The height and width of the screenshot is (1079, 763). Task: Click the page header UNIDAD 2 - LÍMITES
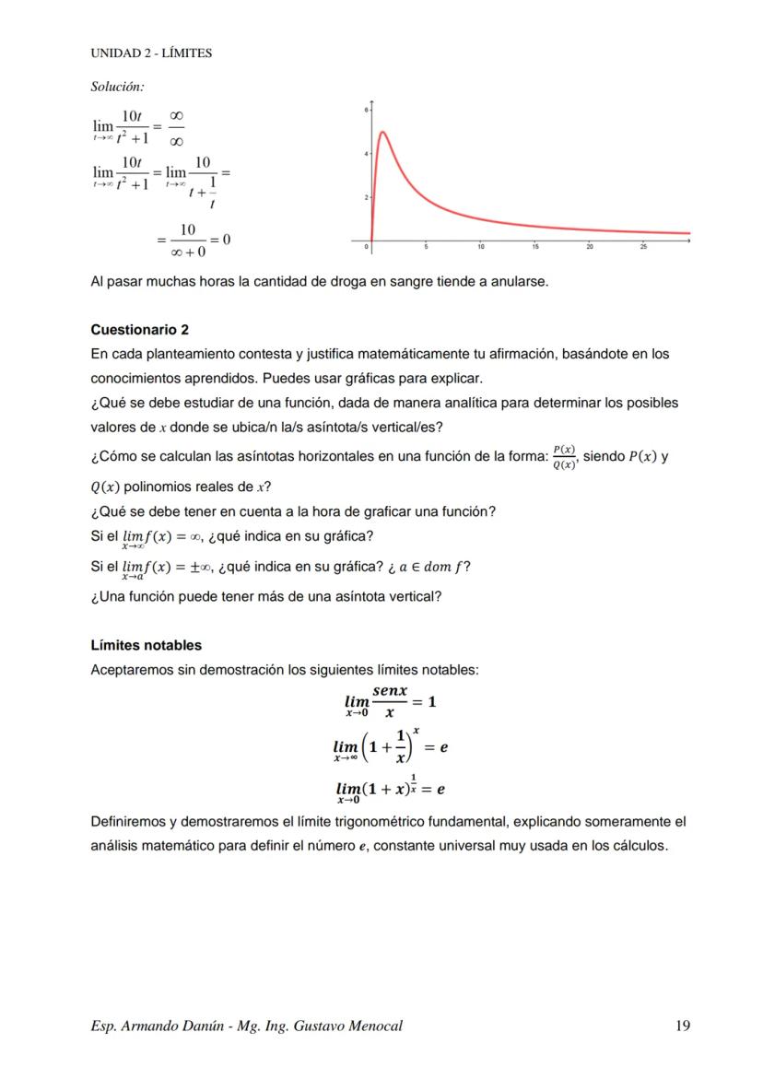[151, 53]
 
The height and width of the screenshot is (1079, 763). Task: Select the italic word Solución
[117, 87]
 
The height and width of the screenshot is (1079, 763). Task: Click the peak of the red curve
[382, 132]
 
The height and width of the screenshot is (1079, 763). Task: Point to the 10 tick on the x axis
[481, 247]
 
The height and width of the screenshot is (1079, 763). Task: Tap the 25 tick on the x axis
[643, 247]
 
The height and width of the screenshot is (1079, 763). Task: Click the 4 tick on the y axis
[366, 153]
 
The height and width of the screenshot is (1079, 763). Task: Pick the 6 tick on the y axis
[366, 110]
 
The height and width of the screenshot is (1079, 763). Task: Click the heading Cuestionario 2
[139, 330]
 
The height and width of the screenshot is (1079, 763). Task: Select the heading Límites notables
[146, 645]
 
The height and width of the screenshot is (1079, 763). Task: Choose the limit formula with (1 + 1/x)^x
[390, 747]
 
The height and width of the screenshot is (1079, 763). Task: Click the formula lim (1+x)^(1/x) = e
[390, 791]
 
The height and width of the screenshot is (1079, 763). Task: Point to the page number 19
[682, 1026]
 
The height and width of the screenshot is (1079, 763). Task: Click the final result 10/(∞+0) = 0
[194, 240]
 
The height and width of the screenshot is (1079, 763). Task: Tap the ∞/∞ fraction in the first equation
[176, 127]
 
